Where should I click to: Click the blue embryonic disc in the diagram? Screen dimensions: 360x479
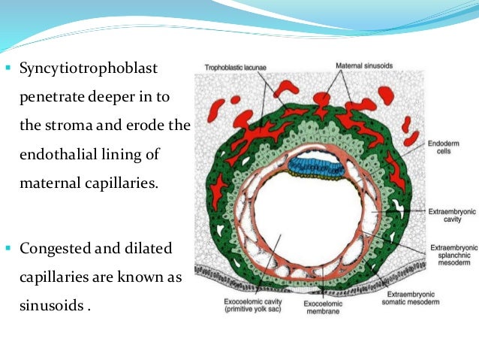pyautogui.click(x=320, y=167)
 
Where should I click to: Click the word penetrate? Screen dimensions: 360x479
pyautogui.click(x=48, y=97)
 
